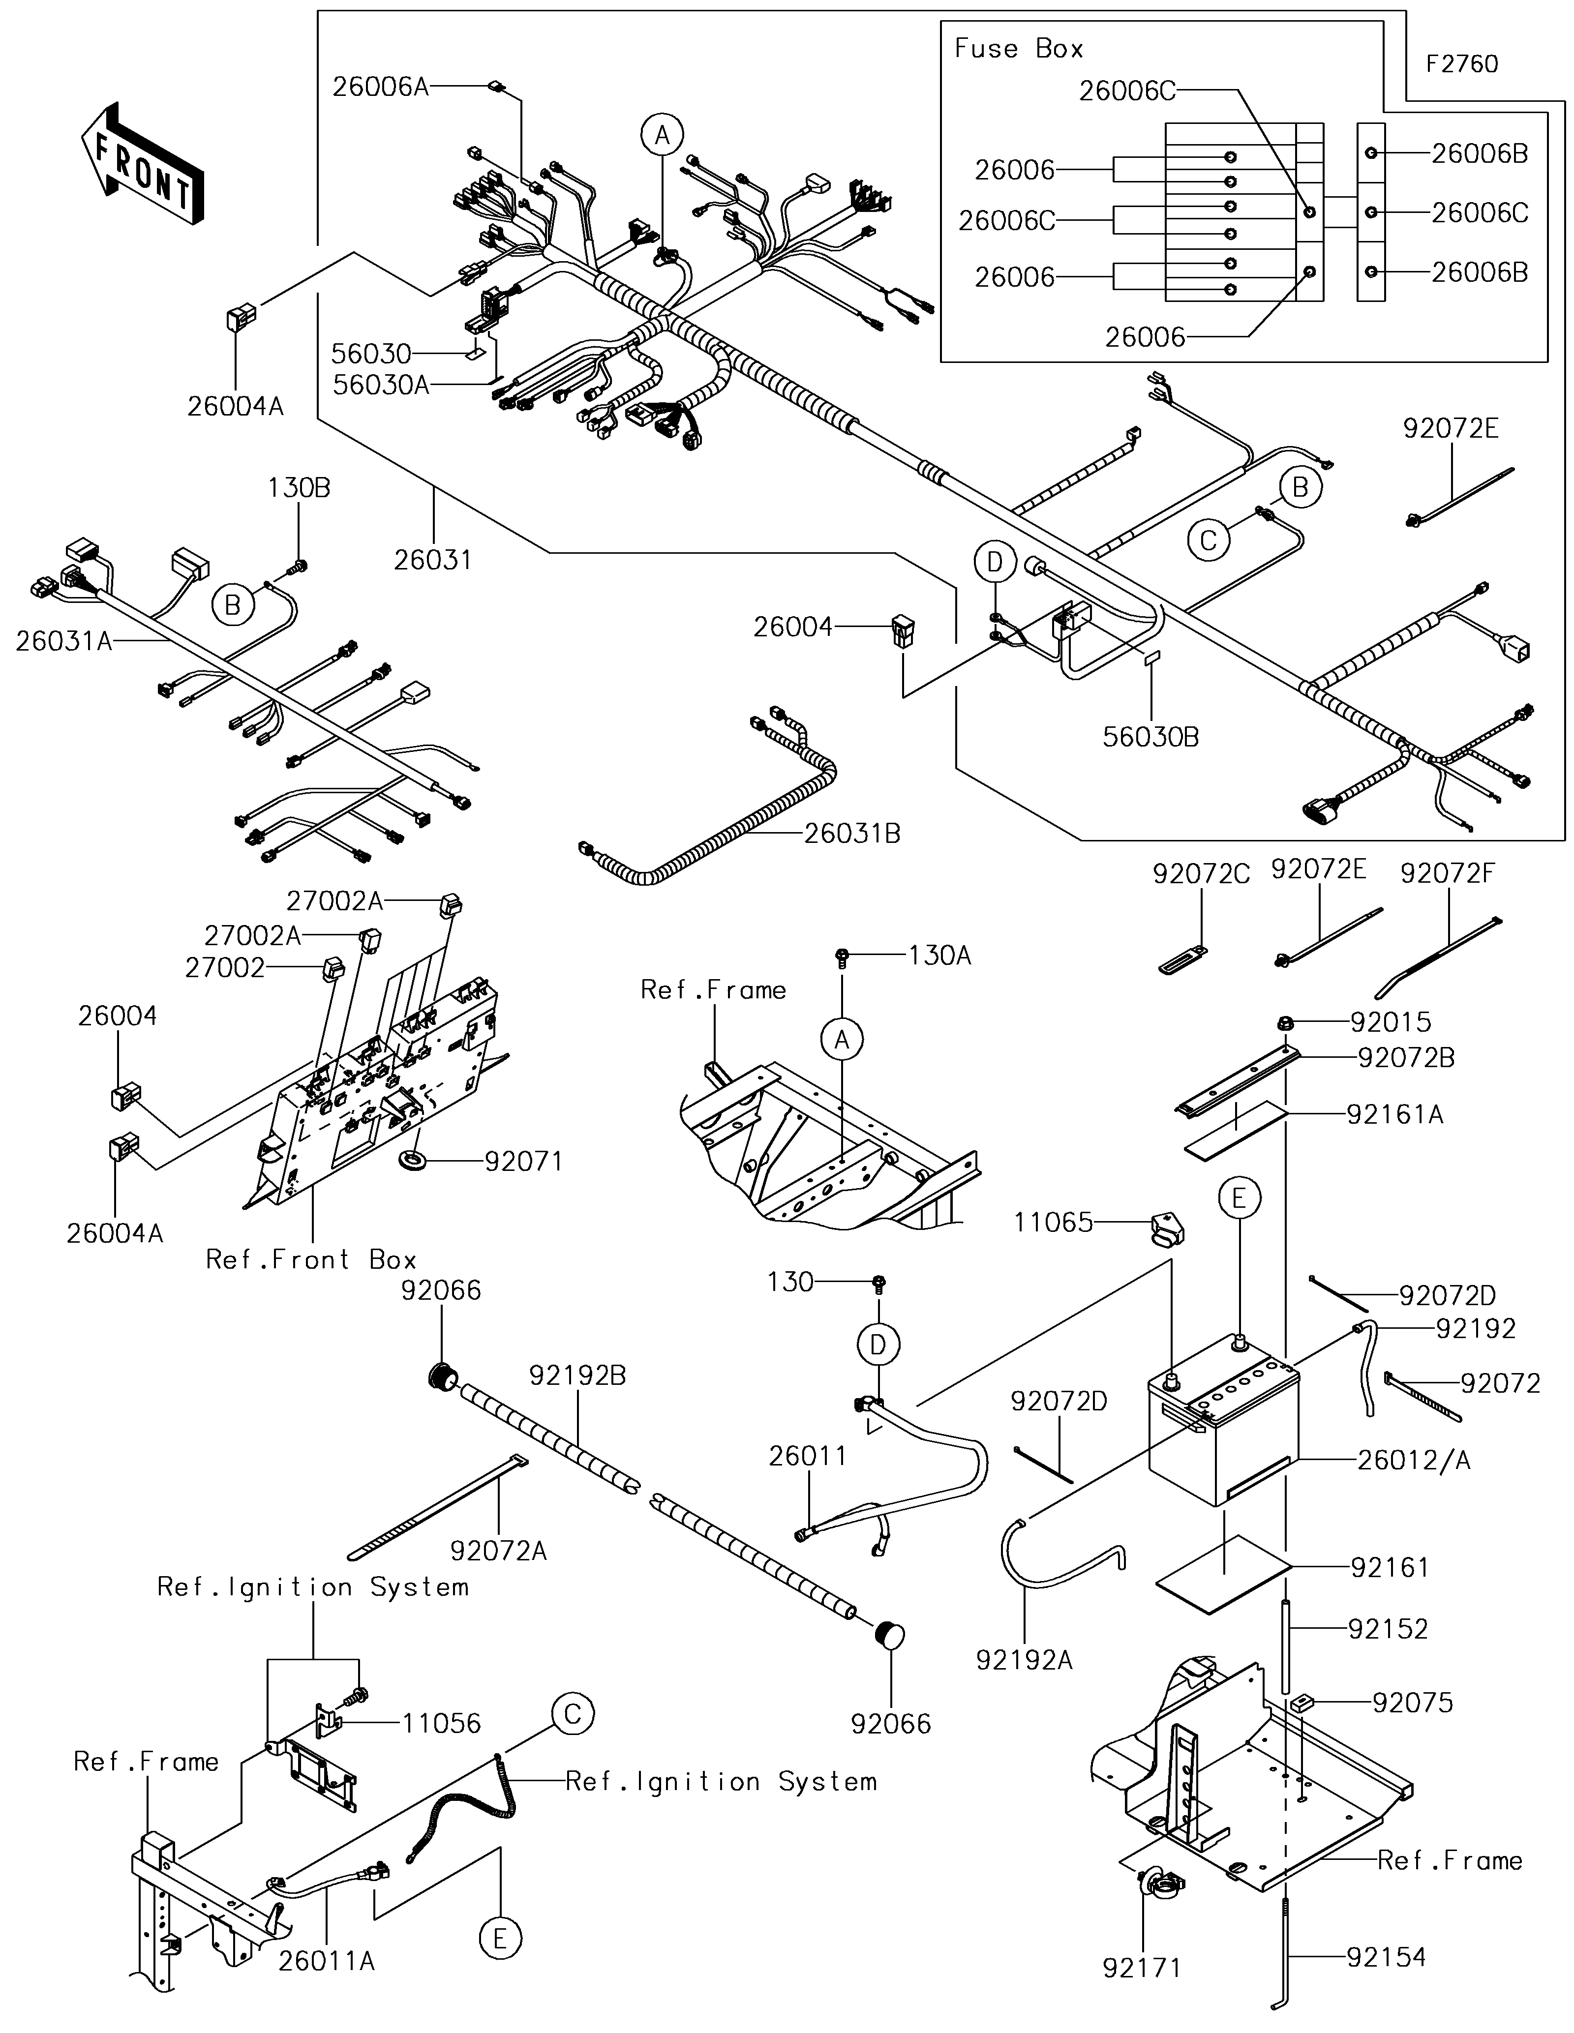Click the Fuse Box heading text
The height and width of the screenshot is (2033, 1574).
[1018, 48]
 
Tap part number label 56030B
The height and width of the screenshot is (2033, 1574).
[1150, 737]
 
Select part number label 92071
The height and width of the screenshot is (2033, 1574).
[523, 1162]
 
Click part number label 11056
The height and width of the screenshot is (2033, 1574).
[441, 1723]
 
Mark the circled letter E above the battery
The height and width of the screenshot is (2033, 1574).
[1239, 1198]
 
